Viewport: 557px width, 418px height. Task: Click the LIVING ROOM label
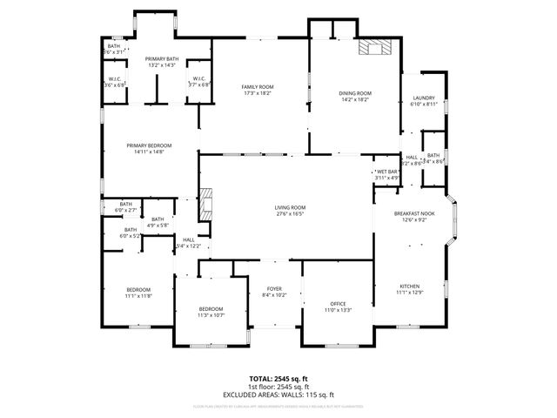click(x=292, y=207)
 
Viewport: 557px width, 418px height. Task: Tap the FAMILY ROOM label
click(x=258, y=87)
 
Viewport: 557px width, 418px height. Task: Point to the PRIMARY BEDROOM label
click(x=149, y=145)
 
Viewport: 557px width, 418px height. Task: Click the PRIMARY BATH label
click(x=161, y=58)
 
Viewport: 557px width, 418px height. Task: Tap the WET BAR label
click(x=387, y=172)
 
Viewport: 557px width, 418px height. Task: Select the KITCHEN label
click(x=409, y=287)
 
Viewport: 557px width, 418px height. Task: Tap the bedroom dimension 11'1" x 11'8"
click(x=138, y=296)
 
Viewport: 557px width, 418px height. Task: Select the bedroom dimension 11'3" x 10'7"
click(x=211, y=315)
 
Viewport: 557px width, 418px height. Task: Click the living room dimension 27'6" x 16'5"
click(x=292, y=213)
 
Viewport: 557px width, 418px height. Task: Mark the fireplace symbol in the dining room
click(x=376, y=48)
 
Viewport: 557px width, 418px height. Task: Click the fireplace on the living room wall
click(x=205, y=205)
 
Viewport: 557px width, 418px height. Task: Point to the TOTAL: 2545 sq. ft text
click(x=278, y=379)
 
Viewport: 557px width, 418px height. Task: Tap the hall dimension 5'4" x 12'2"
click(x=188, y=246)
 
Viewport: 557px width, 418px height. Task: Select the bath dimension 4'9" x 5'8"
click(x=158, y=226)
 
